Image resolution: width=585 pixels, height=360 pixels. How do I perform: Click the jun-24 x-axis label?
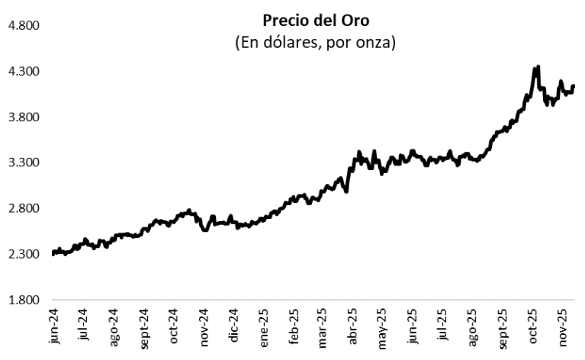(x=54, y=328)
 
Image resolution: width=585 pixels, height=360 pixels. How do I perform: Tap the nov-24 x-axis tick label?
(x=204, y=328)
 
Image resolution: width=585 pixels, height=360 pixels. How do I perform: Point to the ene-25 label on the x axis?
(x=264, y=328)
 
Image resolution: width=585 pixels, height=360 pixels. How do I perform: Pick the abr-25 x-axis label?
(x=353, y=328)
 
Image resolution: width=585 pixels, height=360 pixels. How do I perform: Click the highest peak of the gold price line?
(x=538, y=67)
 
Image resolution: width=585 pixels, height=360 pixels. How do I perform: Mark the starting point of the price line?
(x=53, y=254)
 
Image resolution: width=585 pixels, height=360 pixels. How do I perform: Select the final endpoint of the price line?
(x=573, y=86)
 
